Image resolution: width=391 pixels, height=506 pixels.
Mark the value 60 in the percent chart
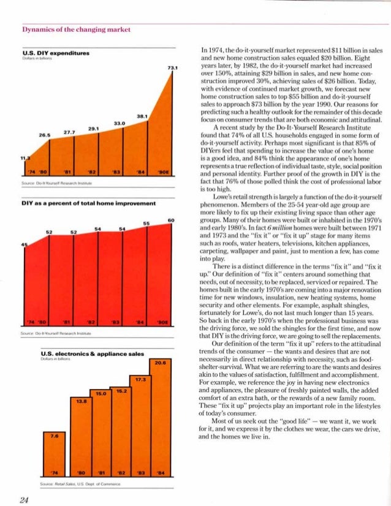(x=172, y=220)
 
